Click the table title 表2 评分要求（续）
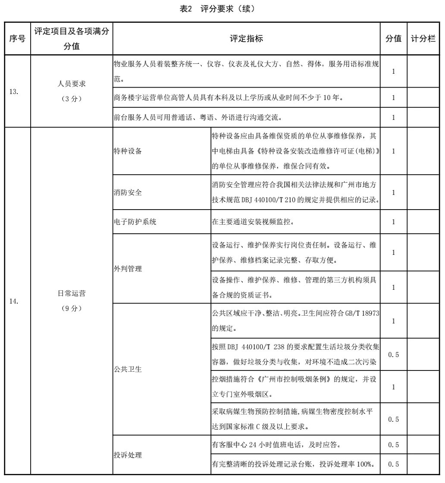[x=222, y=9]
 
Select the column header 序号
[x=17, y=39]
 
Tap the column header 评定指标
[x=246, y=39]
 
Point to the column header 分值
[x=393, y=39]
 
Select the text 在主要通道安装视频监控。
[x=253, y=222]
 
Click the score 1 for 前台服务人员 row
[x=393, y=117]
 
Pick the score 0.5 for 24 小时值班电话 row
[x=393, y=445]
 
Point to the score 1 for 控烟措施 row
[x=393, y=387]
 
